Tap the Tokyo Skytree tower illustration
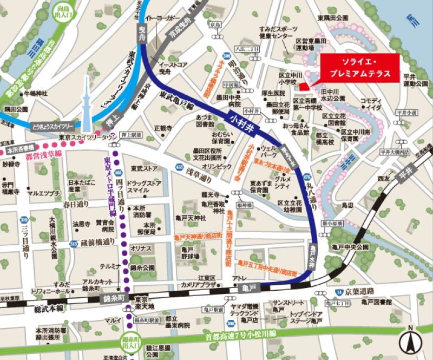[x=85, y=100]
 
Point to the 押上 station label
[x=111, y=121]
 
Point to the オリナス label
[x=140, y=247]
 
